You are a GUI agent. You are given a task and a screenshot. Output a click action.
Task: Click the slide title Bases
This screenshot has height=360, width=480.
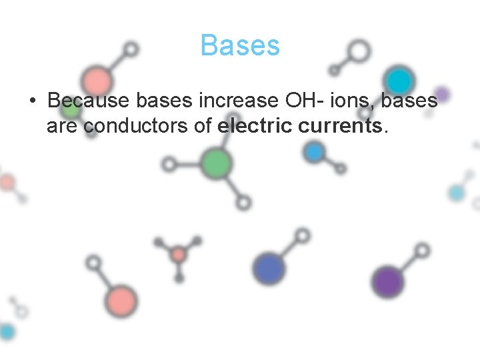(240, 46)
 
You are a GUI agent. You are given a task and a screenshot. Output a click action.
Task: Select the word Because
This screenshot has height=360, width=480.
(89, 101)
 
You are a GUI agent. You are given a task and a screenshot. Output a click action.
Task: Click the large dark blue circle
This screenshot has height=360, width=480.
(269, 269)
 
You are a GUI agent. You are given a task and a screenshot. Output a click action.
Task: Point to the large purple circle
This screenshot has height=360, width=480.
(387, 281)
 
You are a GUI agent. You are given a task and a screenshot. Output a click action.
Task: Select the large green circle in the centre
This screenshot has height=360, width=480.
(216, 163)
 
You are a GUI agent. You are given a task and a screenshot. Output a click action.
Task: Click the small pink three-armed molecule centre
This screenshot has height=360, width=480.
(178, 254)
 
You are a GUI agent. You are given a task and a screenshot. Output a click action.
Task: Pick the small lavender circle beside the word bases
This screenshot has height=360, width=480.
(441, 94)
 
